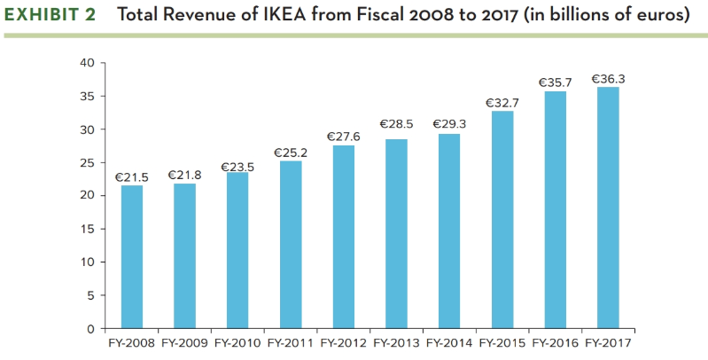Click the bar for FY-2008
[132, 257]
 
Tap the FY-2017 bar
[608, 207]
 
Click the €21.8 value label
[184, 175]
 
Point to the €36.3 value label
[608, 79]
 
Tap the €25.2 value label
[291, 153]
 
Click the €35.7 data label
[555, 82]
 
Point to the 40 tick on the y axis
[86, 63]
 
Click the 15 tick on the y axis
[86, 229]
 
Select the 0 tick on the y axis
[89, 329]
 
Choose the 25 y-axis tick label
[86, 163]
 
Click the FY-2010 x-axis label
[237, 341]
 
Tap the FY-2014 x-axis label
[449, 341]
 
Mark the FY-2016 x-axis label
[556, 341]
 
